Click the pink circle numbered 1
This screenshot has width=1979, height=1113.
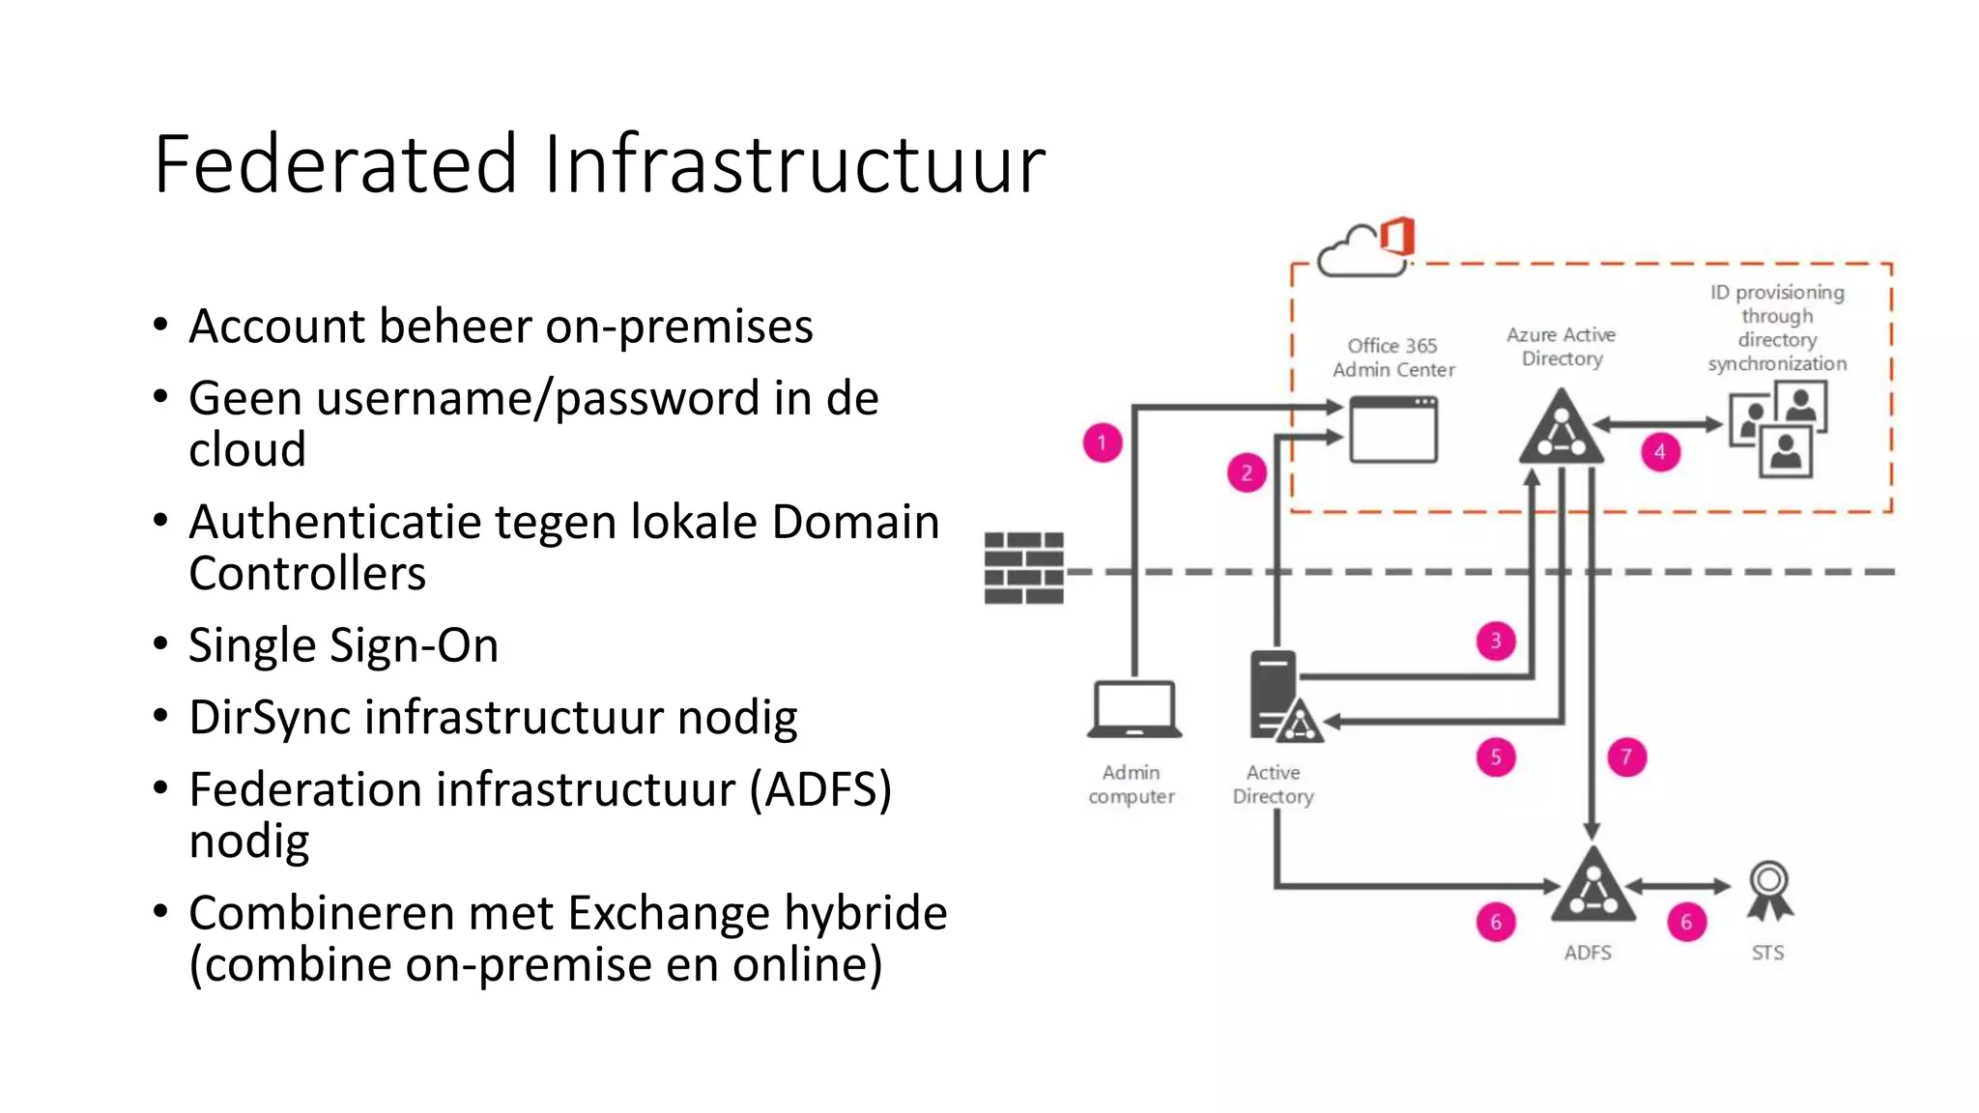[1102, 443]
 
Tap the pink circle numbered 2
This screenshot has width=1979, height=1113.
[1247, 472]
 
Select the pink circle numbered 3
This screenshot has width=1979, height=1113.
[1496, 641]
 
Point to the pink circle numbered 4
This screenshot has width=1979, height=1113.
[1660, 452]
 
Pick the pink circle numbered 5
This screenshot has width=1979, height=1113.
[1496, 757]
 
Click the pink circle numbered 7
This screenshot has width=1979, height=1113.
[1626, 757]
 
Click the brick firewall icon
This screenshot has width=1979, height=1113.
[1024, 568]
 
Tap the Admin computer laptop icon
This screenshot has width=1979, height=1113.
[1134, 710]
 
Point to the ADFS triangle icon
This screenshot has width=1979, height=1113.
[1592, 887]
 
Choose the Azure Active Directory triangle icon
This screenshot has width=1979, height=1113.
[1561, 429]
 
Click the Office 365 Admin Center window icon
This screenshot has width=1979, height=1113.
[1392, 431]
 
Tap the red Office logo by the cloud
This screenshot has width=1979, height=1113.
[1398, 236]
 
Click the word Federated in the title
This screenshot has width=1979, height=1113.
[335, 164]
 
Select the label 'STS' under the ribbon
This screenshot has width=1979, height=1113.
[1767, 953]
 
